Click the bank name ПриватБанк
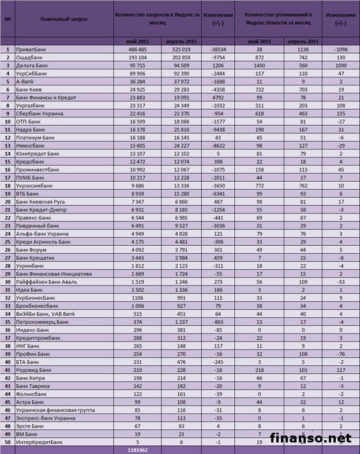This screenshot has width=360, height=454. pyautogui.click(x=31, y=50)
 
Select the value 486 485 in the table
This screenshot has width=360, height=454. pyautogui.click(x=138, y=50)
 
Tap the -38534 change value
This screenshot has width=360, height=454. pyautogui.click(x=217, y=50)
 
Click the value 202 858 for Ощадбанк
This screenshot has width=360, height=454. pyautogui.click(x=181, y=58)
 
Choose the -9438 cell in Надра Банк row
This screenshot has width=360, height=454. pyautogui.click(x=217, y=147)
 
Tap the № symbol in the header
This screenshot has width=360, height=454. pyautogui.click(x=8, y=18)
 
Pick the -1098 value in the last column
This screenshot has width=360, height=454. pyautogui.click(x=340, y=50)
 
